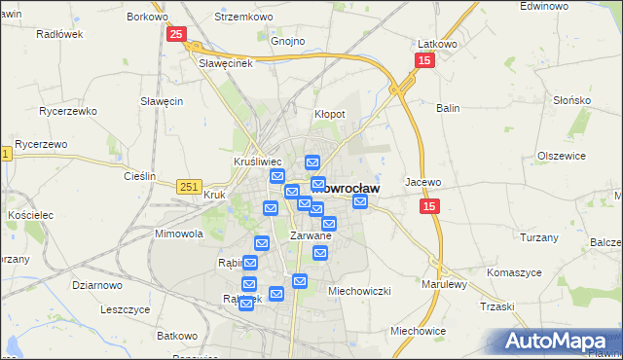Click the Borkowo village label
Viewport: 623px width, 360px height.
click(147, 17)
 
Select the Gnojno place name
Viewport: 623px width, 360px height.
click(288, 42)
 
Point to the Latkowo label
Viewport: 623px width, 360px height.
click(437, 44)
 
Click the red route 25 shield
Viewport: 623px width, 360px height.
click(175, 35)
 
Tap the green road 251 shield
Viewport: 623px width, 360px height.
click(190, 185)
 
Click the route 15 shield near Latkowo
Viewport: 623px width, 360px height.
click(423, 61)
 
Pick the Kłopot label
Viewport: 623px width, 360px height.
click(329, 114)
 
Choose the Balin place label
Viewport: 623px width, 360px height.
click(448, 108)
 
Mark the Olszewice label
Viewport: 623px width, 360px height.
click(561, 156)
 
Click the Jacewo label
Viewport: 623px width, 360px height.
click(423, 182)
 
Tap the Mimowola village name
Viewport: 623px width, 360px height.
click(178, 234)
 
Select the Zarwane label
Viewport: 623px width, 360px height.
click(311, 235)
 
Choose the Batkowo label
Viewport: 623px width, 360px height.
click(177, 336)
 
